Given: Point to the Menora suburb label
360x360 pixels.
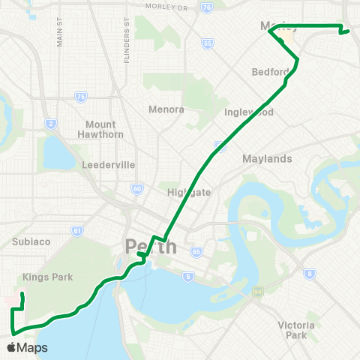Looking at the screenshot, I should pos(166,109).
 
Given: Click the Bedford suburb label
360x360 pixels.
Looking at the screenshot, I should pos(271,72).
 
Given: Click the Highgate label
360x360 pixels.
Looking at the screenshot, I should pos(189,192).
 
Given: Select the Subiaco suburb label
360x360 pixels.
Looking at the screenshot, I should pos(30,241).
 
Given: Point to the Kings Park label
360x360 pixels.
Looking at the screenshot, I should pos(48,277).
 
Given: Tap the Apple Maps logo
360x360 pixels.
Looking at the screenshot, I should pos(27,347).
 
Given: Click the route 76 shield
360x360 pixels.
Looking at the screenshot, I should pos(207,7).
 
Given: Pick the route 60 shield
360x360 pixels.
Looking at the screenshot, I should pos(136,190).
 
